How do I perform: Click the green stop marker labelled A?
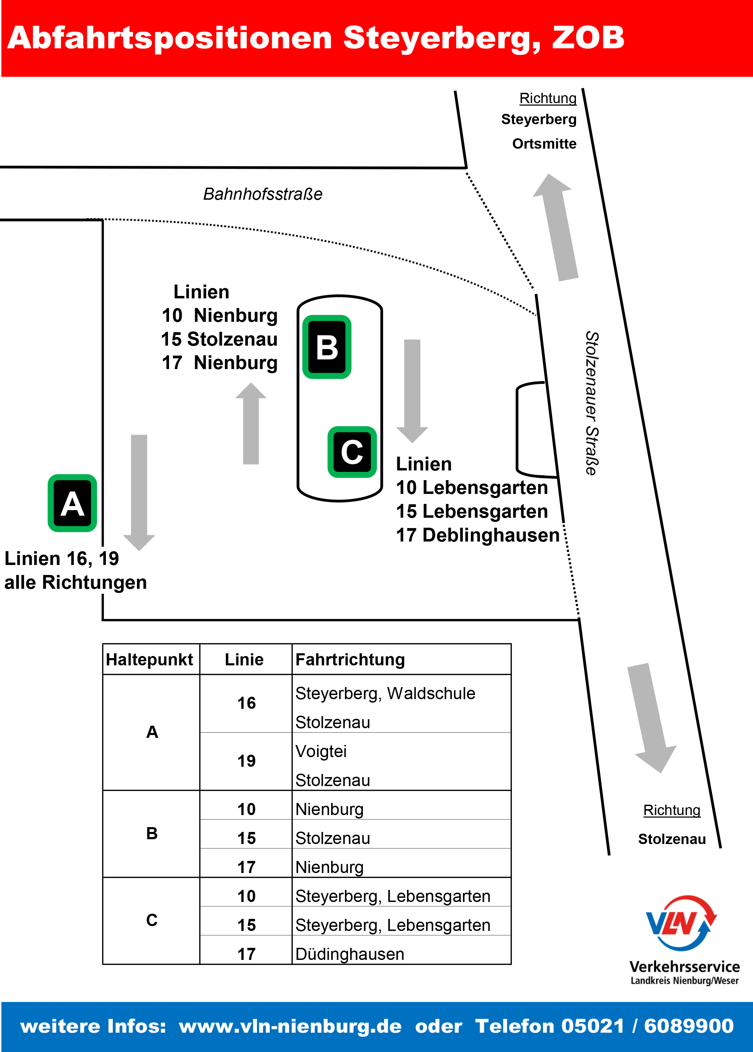[72, 503]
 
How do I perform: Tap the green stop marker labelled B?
[327, 347]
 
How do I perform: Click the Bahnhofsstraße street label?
[262, 194]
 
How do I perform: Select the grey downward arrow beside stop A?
[139, 492]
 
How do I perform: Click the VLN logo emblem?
[681, 923]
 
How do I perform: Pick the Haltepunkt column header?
[149, 659]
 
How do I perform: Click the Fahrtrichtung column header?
[350, 659]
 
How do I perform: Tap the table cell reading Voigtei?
[321, 751]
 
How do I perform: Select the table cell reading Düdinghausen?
[350, 954]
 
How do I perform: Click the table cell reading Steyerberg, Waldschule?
[385, 693]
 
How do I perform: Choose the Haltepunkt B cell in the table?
[152, 833]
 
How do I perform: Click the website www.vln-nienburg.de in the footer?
[290, 1026]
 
